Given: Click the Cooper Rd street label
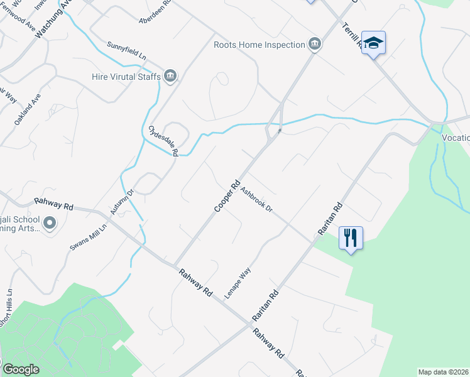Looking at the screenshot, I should [227, 196].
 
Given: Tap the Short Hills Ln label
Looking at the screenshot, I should [6, 308].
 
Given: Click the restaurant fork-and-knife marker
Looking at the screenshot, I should [351, 238].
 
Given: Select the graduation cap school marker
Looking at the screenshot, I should [373, 42].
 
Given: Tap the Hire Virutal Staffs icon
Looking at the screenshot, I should [170, 76].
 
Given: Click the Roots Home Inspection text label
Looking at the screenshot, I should [258, 45].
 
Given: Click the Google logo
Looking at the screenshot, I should [21, 369].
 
